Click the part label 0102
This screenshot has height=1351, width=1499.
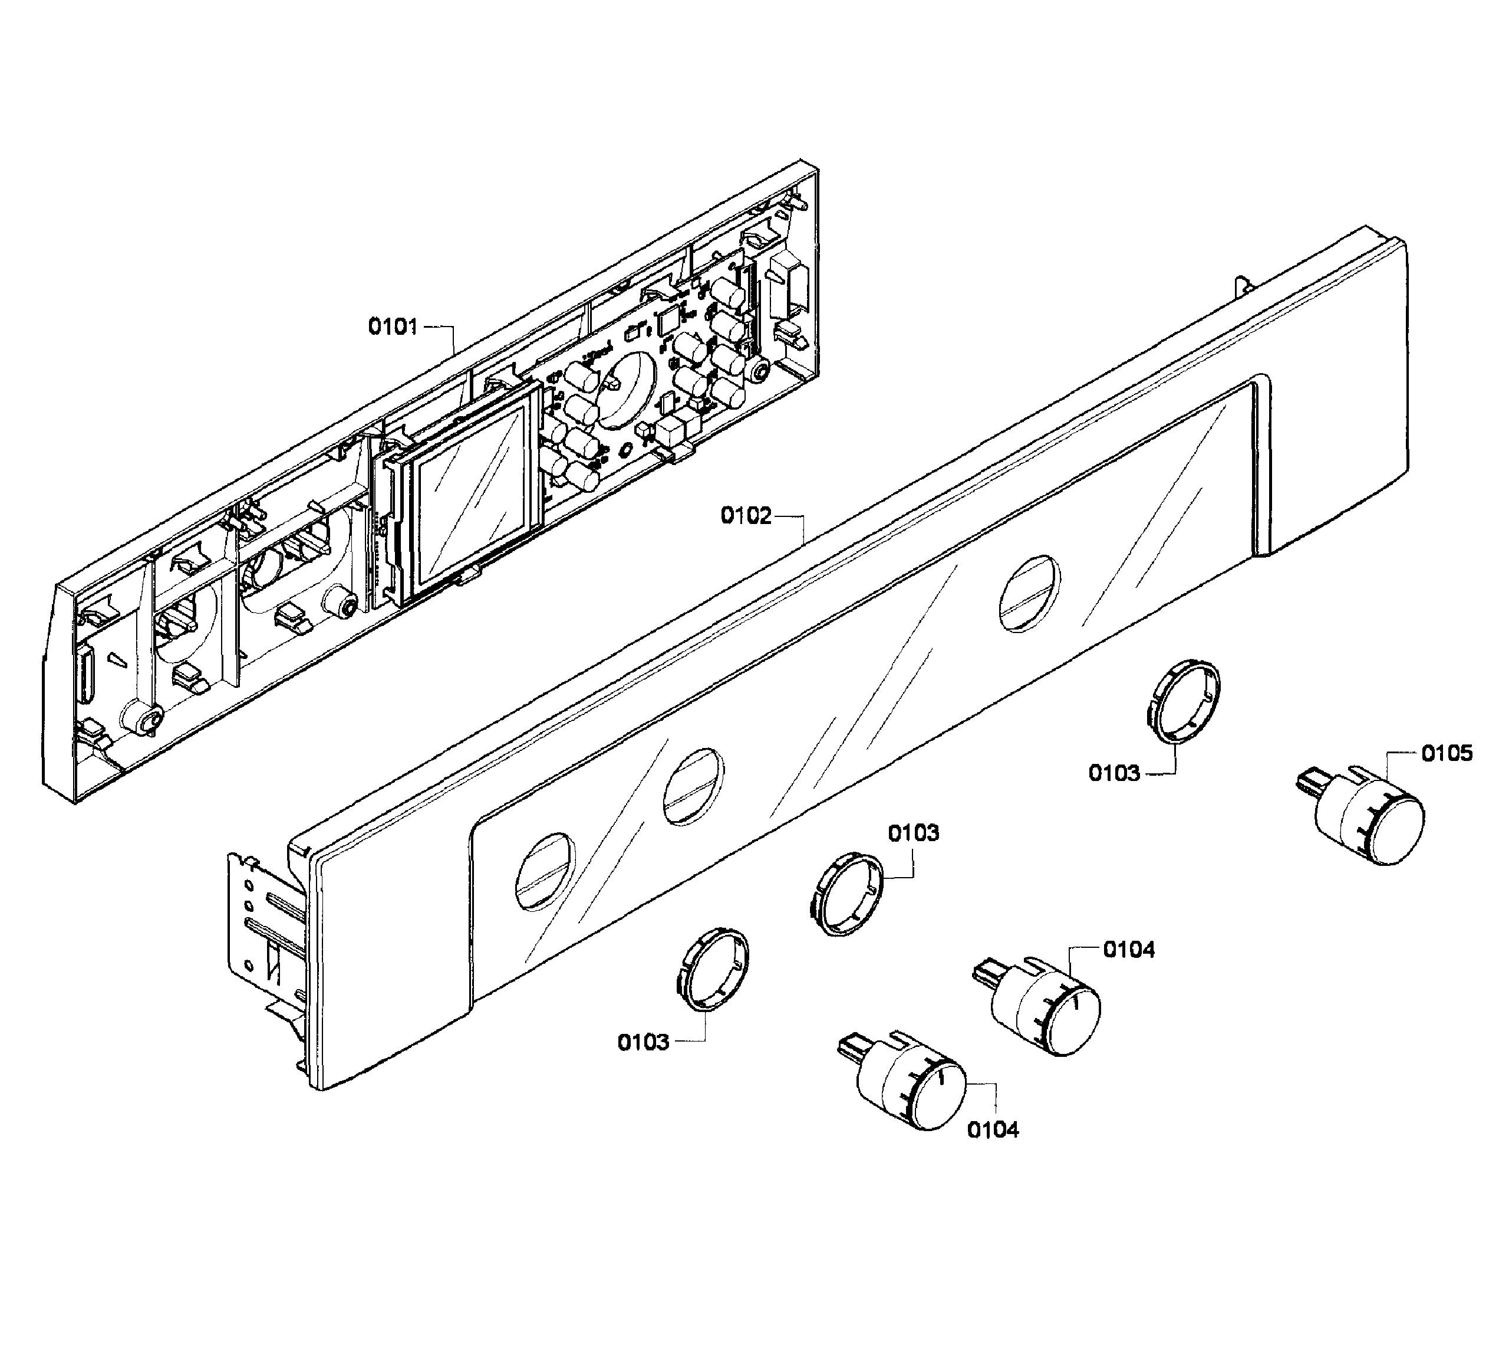(x=746, y=515)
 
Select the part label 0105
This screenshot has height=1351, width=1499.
(x=1447, y=753)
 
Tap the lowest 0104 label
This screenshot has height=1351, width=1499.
(x=993, y=1130)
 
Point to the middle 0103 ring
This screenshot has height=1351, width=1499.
(x=845, y=893)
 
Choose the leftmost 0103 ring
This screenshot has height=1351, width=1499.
(x=712, y=968)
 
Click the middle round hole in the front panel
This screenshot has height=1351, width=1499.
(x=693, y=786)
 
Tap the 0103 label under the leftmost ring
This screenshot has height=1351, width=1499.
(x=643, y=1043)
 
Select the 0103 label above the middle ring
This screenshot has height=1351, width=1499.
(x=913, y=833)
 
